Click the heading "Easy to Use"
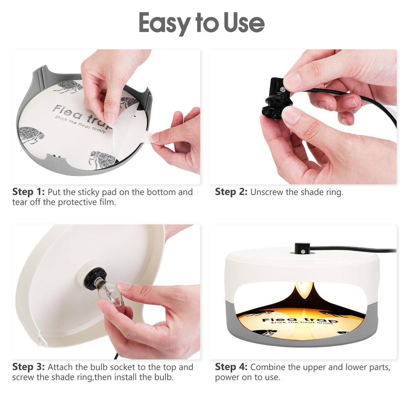click(x=201, y=24)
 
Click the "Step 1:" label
click(x=29, y=192)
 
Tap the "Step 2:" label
click(x=231, y=192)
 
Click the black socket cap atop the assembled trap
click(x=302, y=248)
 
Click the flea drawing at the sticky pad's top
click(x=69, y=87)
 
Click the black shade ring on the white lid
click(x=95, y=279)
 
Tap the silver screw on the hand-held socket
click(x=283, y=90)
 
